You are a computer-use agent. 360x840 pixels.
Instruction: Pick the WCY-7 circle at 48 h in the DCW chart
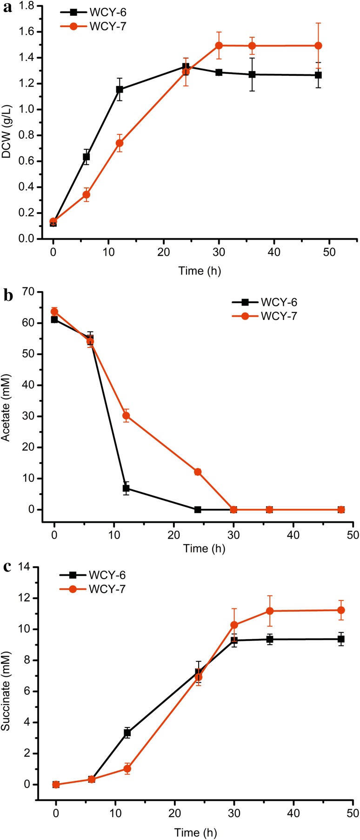coord(318,46)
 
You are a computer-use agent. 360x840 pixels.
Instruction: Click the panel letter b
coord(7,296)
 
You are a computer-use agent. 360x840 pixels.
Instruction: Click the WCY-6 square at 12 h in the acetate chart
coord(126,488)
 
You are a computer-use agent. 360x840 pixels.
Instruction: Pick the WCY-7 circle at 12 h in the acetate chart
coord(126,416)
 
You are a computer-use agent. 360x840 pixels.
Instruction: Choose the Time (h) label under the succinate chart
coord(196,832)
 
